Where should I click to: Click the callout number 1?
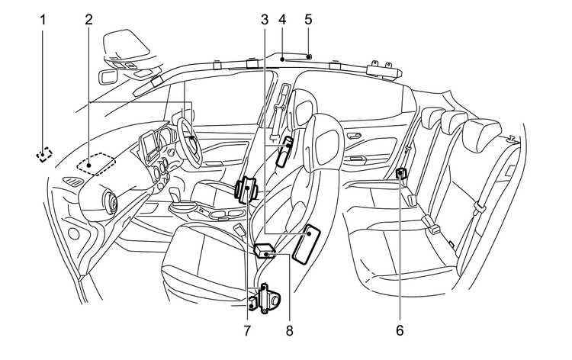(x=43, y=18)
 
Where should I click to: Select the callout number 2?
(x=89, y=18)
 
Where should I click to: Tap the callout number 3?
(x=264, y=18)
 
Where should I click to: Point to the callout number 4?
(x=283, y=18)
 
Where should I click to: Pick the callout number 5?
(x=308, y=18)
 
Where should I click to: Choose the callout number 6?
(x=400, y=331)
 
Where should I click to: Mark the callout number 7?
(x=247, y=331)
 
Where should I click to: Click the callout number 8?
(x=289, y=331)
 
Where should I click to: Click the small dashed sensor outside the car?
(x=45, y=154)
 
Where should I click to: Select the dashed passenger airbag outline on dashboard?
(x=97, y=162)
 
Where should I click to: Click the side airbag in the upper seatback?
(x=284, y=149)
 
